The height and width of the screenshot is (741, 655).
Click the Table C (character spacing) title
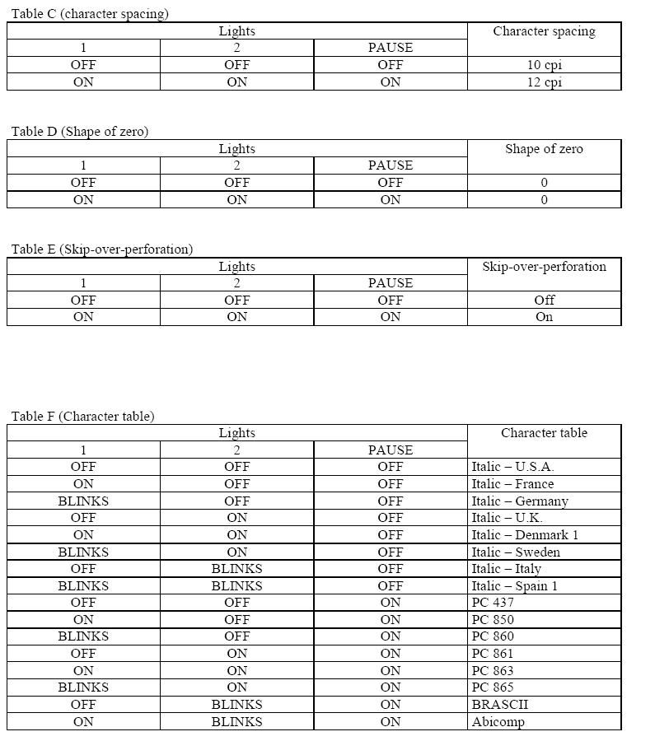(x=90, y=13)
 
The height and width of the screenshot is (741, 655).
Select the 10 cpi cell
(x=544, y=64)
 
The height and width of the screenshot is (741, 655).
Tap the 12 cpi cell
(x=544, y=82)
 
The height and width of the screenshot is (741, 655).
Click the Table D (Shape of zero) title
(x=80, y=131)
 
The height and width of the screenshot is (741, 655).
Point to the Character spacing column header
(x=544, y=31)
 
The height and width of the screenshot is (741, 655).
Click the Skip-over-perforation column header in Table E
(x=544, y=266)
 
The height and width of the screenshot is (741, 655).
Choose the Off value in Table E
(x=544, y=300)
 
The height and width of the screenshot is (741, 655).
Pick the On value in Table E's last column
(x=544, y=317)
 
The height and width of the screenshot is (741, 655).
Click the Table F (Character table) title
(x=82, y=416)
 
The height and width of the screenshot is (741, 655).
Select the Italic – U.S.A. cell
(x=512, y=467)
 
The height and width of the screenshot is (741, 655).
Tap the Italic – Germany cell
(x=519, y=501)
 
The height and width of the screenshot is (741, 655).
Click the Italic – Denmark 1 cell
(x=525, y=535)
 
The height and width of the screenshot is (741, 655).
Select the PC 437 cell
(x=492, y=603)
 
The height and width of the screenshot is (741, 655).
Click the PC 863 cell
(x=492, y=670)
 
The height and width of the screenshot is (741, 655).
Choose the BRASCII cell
(x=499, y=705)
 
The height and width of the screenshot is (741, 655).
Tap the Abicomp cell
(x=498, y=722)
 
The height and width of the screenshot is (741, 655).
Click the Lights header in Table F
(x=236, y=432)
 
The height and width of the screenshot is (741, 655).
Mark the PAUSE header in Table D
(x=390, y=165)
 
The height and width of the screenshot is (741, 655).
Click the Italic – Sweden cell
(x=515, y=552)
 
